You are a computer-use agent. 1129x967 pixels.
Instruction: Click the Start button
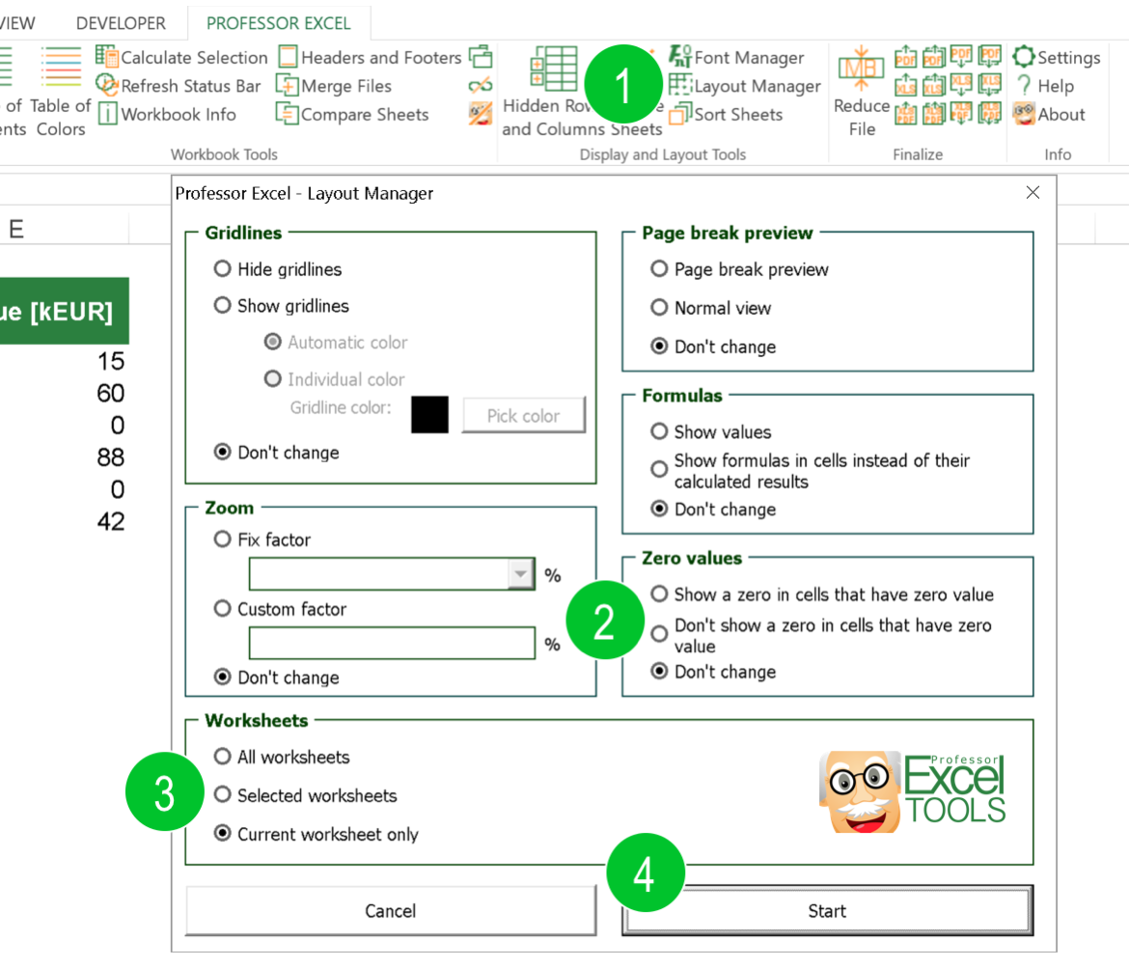click(x=827, y=911)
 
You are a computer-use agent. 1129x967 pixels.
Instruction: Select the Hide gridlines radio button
click(x=223, y=269)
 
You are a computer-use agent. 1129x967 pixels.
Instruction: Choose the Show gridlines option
click(x=223, y=306)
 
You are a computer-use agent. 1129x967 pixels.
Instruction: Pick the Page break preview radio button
click(x=660, y=269)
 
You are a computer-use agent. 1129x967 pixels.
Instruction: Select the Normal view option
click(x=660, y=308)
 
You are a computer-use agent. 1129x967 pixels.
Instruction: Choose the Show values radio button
click(x=660, y=431)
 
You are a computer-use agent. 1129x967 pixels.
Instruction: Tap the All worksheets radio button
click(x=223, y=757)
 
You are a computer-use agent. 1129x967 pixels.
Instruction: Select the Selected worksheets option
click(x=223, y=795)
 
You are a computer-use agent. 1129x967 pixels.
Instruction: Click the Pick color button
click(x=523, y=416)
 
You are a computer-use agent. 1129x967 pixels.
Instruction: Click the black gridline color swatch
click(x=429, y=415)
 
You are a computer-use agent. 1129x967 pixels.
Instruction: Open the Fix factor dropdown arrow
click(x=521, y=574)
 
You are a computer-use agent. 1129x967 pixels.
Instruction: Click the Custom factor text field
click(x=392, y=644)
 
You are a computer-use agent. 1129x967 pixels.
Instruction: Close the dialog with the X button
click(x=1033, y=193)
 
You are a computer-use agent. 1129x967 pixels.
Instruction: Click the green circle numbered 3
click(x=165, y=794)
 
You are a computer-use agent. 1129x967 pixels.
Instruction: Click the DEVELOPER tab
click(x=121, y=23)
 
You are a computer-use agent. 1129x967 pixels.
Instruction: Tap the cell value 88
click(x=111, y=457)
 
